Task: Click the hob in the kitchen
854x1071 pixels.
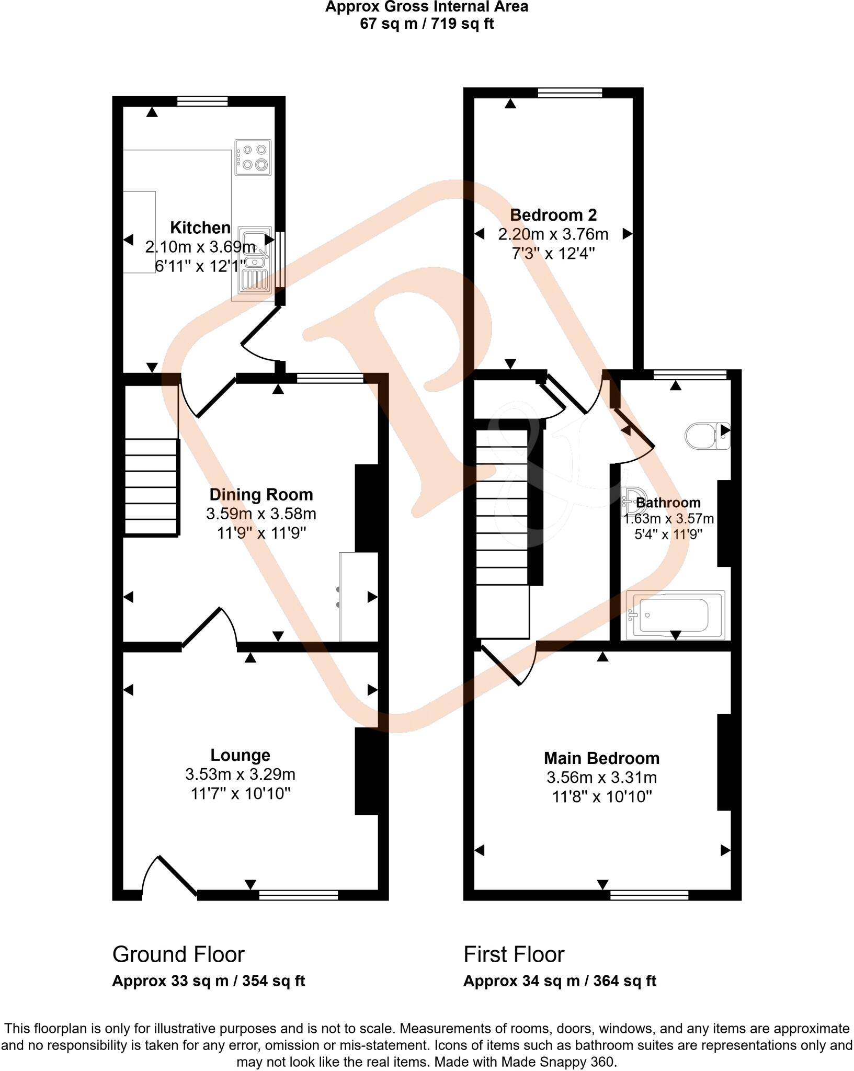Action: (254, 157)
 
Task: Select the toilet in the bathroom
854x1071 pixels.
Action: (707, 436)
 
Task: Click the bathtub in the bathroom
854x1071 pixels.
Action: (675, 616)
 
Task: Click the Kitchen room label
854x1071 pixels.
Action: (200, 227)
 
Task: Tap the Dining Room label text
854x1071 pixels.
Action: (261, 494)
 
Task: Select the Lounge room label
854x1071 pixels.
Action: (240, 755)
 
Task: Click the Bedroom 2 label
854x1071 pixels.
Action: (553, 214)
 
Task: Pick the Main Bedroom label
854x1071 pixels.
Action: (601, 758)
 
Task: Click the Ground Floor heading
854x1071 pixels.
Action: (178, 954)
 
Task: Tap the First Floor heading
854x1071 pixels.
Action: (514, 954)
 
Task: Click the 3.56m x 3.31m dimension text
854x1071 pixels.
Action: (601, 778)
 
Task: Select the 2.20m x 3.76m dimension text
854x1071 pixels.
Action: (553, 234)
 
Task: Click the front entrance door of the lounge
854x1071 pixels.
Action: (168, 879)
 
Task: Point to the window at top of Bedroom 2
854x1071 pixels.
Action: (570, 93)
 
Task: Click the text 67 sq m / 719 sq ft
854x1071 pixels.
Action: (427, 24)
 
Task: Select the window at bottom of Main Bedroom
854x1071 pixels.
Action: (649, 895)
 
